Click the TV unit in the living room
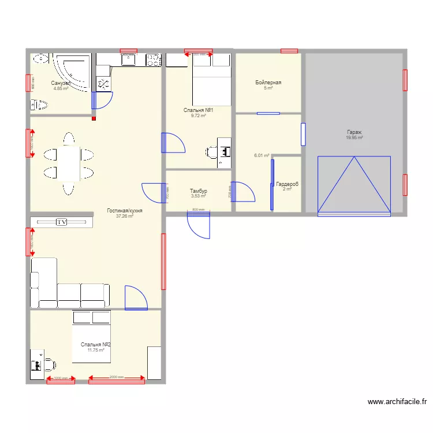[x=61, y=222]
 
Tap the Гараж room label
[x=354, y=132]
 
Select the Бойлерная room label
[x=268, y=83]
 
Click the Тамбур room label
[x=199, y=191]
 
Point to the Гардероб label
[x=287, y=184]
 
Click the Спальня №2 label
[x=95, y=345]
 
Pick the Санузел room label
[x=61, y=83]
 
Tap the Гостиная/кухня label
[x=125, y=211]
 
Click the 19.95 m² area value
[x=354, y=137]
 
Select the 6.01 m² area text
[x=262, y=155]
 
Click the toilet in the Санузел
[x=39, y=104]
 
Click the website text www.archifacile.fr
[x=398, y=402]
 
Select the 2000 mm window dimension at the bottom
[x=116, y=378]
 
